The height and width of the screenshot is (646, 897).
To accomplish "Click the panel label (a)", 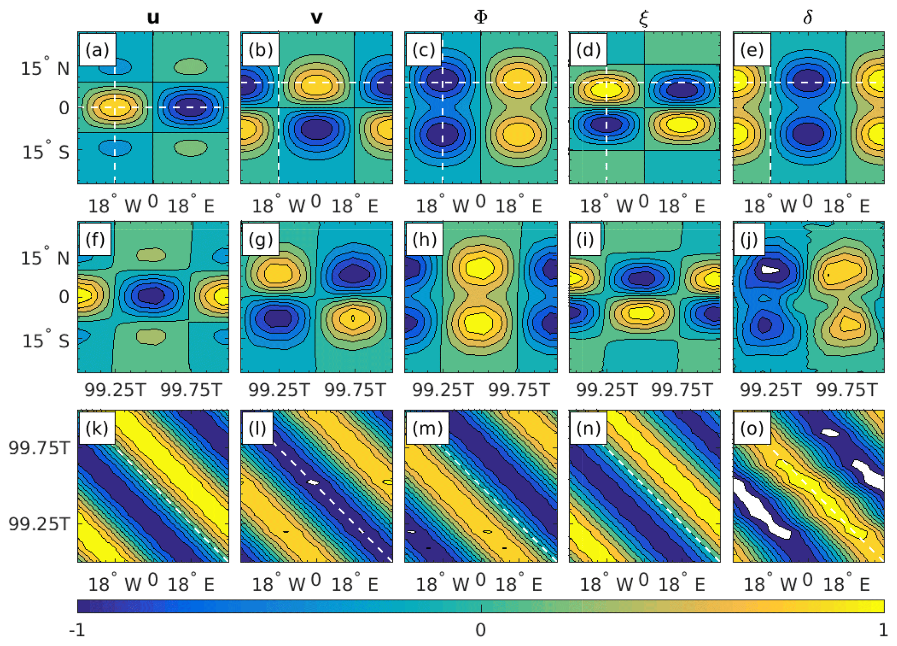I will coord(97,50).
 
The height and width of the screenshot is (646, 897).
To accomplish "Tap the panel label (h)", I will coord(424,239).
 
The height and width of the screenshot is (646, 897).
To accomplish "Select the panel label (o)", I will coord(752,428).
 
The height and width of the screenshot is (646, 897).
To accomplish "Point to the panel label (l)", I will coord(257,428).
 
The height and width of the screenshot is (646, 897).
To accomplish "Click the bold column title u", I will coord(153,17).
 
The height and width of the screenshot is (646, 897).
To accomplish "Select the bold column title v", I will coord(317,17).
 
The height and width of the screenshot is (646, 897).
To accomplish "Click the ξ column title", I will coord(644,18).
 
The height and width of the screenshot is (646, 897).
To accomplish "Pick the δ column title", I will coord(808,17).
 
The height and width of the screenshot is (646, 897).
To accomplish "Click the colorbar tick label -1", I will coord(77,630).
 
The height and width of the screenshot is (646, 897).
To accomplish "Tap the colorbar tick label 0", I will coord(480,630).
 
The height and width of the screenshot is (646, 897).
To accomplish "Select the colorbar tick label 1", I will coord(883,630).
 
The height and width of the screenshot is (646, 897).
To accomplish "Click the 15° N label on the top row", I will coord(45,68).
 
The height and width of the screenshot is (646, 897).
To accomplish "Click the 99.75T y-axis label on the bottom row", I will coord(39,448).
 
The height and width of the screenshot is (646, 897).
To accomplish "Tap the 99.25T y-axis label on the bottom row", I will coord(39,524).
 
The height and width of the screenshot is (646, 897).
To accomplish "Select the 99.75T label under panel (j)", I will coord(847,390).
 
